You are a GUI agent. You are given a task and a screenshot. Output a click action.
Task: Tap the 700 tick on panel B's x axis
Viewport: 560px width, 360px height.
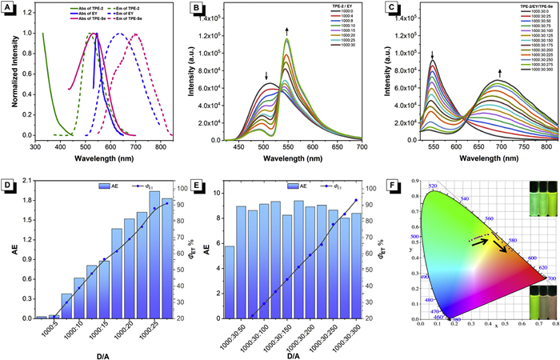pyautogui.click(x=362, y=146)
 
